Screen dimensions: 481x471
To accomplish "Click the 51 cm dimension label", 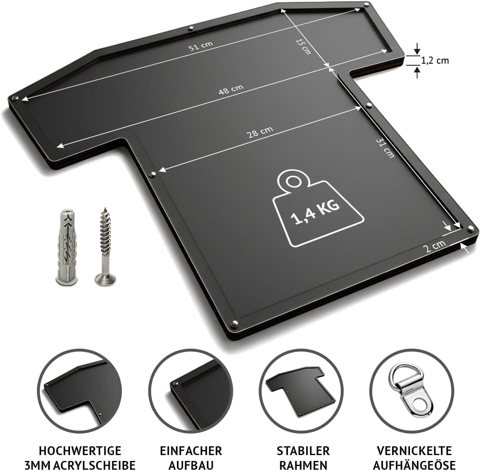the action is click(x=201, y=46).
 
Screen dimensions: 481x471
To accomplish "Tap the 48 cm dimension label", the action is click(x=231, y=90).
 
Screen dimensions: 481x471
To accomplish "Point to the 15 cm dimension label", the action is click(x=303, y=47).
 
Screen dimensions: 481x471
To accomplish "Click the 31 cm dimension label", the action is click(x=385, y=148).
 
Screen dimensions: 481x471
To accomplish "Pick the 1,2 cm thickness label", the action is click(x=434, y=60).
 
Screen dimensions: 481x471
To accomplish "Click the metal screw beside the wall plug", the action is click(x=105, y=246).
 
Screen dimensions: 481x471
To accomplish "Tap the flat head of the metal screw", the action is click(x=105, y=279).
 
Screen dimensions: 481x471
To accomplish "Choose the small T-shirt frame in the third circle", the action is click(x=299, y=390).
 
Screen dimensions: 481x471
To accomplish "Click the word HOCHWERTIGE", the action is click(x=80, y=451).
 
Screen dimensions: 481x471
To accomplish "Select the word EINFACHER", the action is click(x=191, y=451).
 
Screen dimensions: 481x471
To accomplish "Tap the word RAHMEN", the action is click(x=303, y=465).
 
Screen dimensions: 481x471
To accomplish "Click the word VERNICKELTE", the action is click(x=414, y=451).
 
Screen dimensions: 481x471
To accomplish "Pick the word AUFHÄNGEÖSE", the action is click(x=414, y=465).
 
